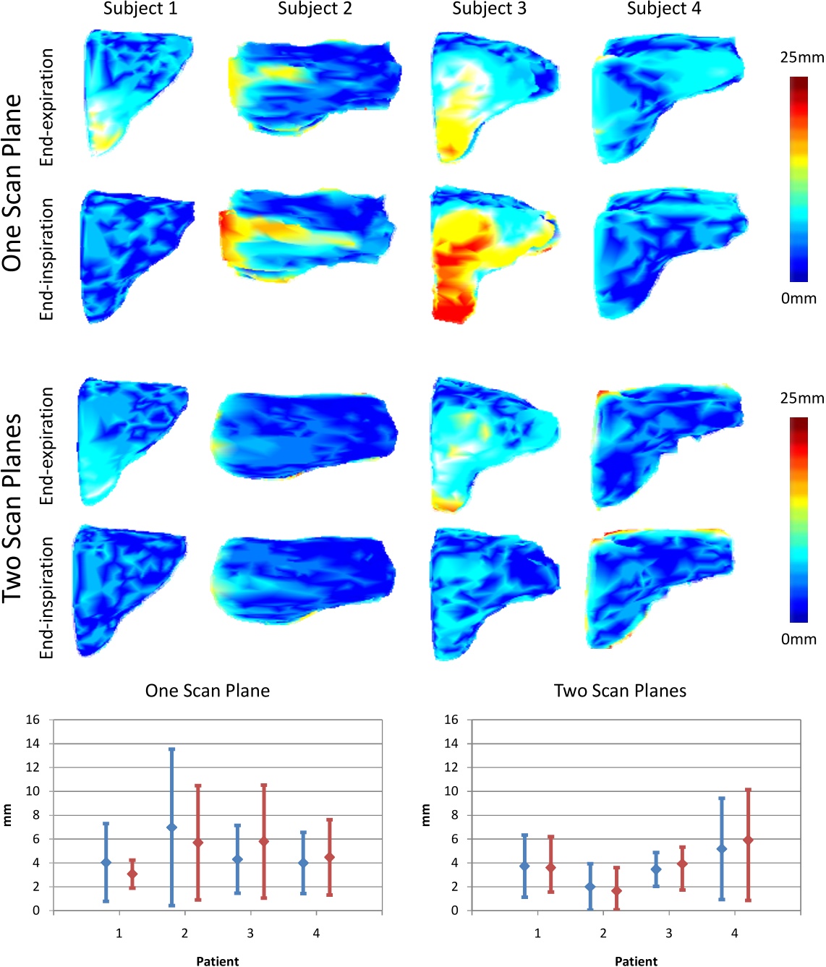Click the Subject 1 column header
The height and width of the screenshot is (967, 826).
[140, 9]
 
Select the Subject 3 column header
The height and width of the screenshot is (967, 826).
[489, 9]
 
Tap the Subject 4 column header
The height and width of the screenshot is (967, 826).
[663, 9]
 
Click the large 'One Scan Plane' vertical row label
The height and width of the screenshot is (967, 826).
[12, 183]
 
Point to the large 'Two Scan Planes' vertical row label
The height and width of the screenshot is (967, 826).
[12, 508]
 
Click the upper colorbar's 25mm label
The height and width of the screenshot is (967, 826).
[801, 57]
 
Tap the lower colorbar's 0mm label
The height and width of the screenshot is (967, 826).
[799, 639]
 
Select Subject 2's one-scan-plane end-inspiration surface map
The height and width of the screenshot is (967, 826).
[307, 235]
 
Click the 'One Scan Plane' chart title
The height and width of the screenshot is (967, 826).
[208, 691]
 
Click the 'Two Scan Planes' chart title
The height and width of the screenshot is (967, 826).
[620, 691]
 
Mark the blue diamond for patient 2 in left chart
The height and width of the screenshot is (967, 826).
[171, 827]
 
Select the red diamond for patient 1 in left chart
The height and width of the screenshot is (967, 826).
[132, 874]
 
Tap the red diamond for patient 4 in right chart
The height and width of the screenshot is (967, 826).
[748, 840]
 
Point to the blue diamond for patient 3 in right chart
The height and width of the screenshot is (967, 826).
[656, 869]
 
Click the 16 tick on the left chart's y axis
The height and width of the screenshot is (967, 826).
[33, 720]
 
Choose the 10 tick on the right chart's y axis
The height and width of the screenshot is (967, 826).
[451, 791]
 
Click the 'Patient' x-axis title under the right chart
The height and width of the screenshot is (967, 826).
[636, 960]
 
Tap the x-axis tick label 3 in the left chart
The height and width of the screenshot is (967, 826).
[250, 933]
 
